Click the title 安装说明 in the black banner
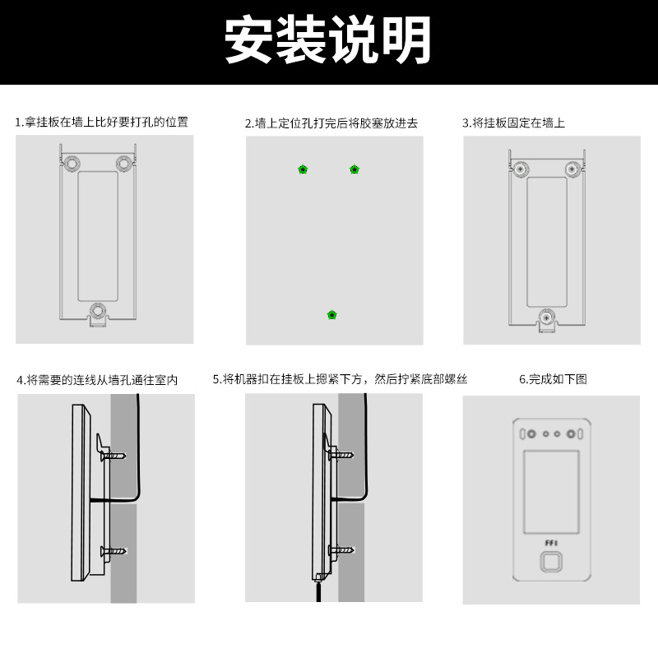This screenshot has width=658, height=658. [328, 39]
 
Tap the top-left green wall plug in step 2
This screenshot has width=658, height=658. [303, 169]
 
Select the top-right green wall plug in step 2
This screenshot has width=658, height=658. [354, 169]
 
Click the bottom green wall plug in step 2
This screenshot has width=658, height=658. [332, 315]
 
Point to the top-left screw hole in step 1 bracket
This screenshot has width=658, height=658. [72, 164]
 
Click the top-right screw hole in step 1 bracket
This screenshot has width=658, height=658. [124, 164]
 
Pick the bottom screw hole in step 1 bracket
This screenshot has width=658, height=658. [98, 310]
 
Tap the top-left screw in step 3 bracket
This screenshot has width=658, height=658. [520, 169]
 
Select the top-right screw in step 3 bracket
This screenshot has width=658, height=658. [572, 169]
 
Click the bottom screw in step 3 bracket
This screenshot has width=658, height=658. [546, 317]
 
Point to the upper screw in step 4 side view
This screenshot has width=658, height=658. [115, 455]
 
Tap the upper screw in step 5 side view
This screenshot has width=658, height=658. [341, 454]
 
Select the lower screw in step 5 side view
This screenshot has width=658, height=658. [341, 549]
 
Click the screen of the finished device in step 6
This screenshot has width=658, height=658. [550, 492]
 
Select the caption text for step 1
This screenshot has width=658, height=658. [102, 122]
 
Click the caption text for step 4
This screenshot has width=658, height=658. [97, 380]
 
